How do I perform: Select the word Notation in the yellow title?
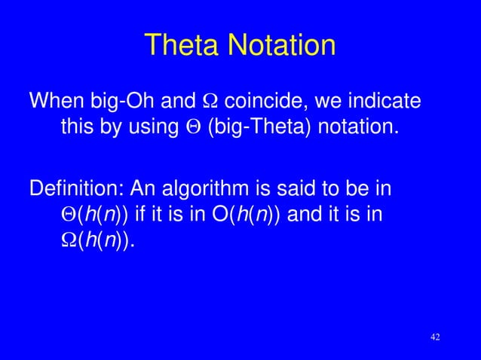pyautogui.click(x=283, y=45)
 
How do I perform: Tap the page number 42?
pyautogui.click(x=434, y=336)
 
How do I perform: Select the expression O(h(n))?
pyautogui.click(x=250, y=215)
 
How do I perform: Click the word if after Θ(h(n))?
pyautogui.click(x=142, y=215)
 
